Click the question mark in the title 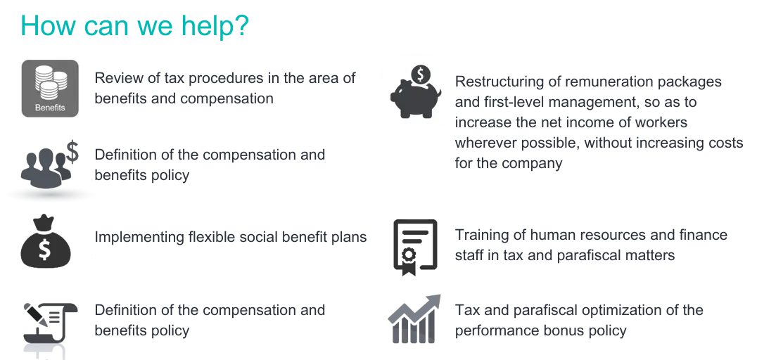click(x=240, y=25)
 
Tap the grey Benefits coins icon click(x=50, y=89)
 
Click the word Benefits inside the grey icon click(x=50, y=108)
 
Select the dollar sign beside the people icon click(x=72, y=151)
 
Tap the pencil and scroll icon click(x=49, y=323)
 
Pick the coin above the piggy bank click(x=421, y=75)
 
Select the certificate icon click(x=415, y=247)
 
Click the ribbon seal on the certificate click(x=409, y=261)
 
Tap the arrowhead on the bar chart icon click(x=433, y=301)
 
